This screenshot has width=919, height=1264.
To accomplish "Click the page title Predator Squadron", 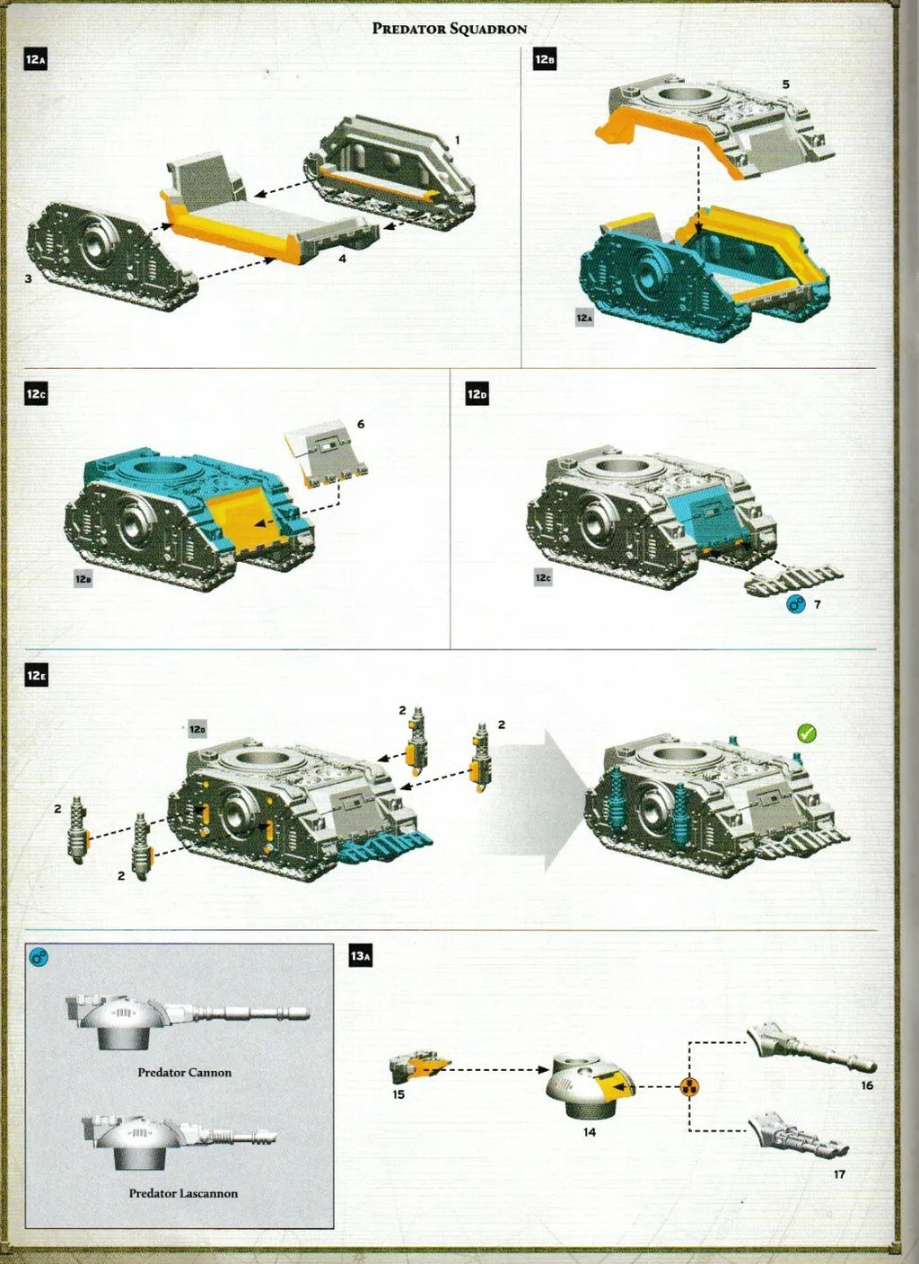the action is click(x=449, y=29).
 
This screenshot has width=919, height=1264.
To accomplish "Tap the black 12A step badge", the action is click(x=35, y=59).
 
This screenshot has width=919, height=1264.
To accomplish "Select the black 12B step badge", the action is click(x=545, y=59).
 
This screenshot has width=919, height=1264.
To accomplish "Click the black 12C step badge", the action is click(x=36, y=393).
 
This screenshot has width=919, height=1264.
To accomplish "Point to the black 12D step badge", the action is click(x=477, y=394).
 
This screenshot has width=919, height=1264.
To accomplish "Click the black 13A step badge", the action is click(x=361, y=956).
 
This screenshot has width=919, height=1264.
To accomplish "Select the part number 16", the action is click(x=867, y=1084).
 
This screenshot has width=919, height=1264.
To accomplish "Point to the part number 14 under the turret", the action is click(x=589, y=1131).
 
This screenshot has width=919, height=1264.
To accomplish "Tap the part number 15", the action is click(x=398, y=1094).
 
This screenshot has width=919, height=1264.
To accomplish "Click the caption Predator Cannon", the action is click(x=185, y=1072).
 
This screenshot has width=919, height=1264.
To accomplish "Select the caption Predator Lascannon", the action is click(x=183, y=1193).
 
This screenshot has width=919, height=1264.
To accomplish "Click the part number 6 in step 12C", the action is click(x=361, y=424).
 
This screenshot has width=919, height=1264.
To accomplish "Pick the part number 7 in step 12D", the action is click(x=818, y=604).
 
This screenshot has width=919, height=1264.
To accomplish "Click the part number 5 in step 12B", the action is click(x=786, y=84).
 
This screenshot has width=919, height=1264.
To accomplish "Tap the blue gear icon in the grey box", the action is click(x=39, y=956).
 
